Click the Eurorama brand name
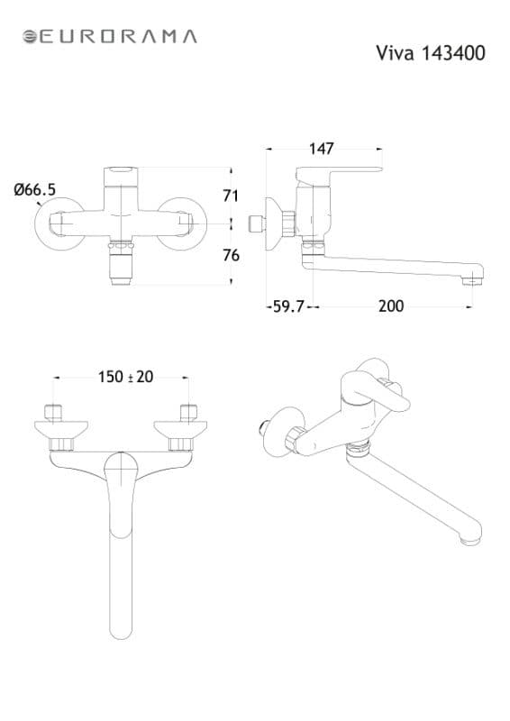118,37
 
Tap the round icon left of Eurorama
30,37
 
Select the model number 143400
453,53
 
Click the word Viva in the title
396,53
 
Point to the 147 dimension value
322,149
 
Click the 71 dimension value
231,196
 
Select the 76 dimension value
231,255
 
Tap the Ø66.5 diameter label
35,189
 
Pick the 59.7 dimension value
289,306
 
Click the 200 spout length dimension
391,306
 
